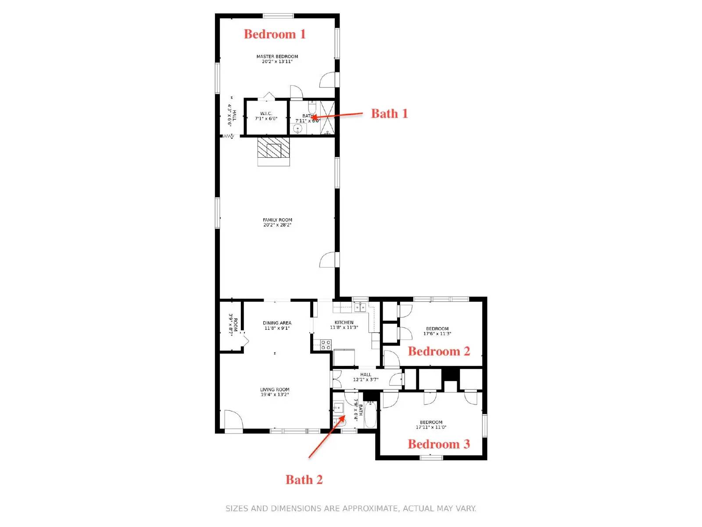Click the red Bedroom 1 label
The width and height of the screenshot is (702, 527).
coord(275,34)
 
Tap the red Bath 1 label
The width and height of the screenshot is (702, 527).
coord(389,113)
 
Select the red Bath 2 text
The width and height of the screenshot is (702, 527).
coord(304,480)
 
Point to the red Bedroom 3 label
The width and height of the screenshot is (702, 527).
coord(439,444)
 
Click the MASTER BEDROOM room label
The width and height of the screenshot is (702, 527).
coord(277,57)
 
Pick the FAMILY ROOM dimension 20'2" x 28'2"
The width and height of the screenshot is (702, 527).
coord(277,225)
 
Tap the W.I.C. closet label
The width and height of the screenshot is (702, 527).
coord(266,114)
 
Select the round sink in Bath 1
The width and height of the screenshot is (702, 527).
coord(298,129)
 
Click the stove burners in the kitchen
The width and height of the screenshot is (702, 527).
coord(326,345)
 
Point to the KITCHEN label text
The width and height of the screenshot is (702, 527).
coord(344,322)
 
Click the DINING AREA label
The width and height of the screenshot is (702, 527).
coord(277,323)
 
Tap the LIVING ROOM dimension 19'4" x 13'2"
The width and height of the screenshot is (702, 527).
coord(275,394)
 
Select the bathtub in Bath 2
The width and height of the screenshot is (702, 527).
coord(370,415)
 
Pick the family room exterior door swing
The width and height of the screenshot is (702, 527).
coord(328,260)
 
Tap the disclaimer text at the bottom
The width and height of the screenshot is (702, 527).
coord(351,509)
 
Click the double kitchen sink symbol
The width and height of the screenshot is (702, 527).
coord(360,307)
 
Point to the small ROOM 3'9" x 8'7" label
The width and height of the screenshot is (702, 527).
coord(233,325)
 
